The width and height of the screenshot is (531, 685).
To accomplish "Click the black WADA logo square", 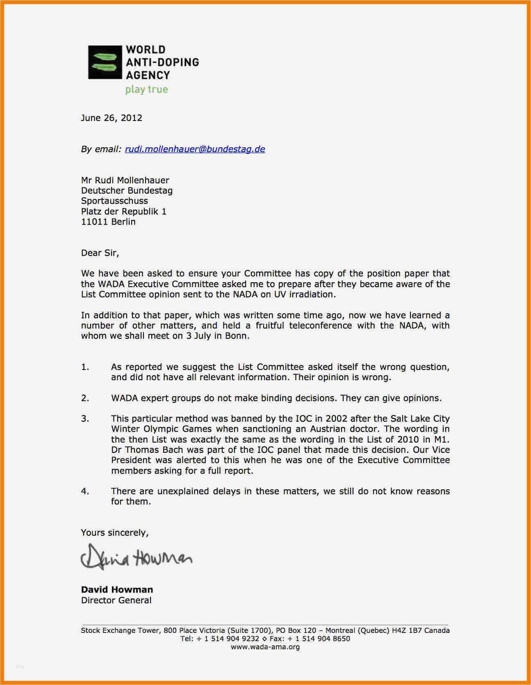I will pos(105,62).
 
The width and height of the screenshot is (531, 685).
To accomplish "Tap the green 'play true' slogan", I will pos(146,89).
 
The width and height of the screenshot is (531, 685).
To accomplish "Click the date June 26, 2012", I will pos(112,118).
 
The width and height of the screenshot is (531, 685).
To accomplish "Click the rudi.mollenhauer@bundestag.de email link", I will pos(195,149).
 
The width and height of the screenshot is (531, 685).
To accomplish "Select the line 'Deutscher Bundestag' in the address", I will pos(127,190).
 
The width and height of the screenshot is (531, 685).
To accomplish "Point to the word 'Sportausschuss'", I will pos(114,201).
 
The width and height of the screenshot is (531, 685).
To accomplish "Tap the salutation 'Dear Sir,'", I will pos(100,253).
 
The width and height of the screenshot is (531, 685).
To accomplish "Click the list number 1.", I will pos(85,367).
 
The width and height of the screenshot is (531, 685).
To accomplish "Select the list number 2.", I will pos(85,398).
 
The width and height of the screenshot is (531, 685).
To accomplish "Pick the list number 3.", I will pos(85,419).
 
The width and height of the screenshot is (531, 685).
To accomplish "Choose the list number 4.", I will pos(85,491).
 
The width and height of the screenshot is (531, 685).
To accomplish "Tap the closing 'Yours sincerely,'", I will pos(114,532).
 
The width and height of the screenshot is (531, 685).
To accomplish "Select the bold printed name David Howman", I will pos(117,589).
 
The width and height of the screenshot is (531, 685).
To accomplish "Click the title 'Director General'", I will pos(116,600).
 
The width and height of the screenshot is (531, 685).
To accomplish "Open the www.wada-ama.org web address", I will pos(265,647).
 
